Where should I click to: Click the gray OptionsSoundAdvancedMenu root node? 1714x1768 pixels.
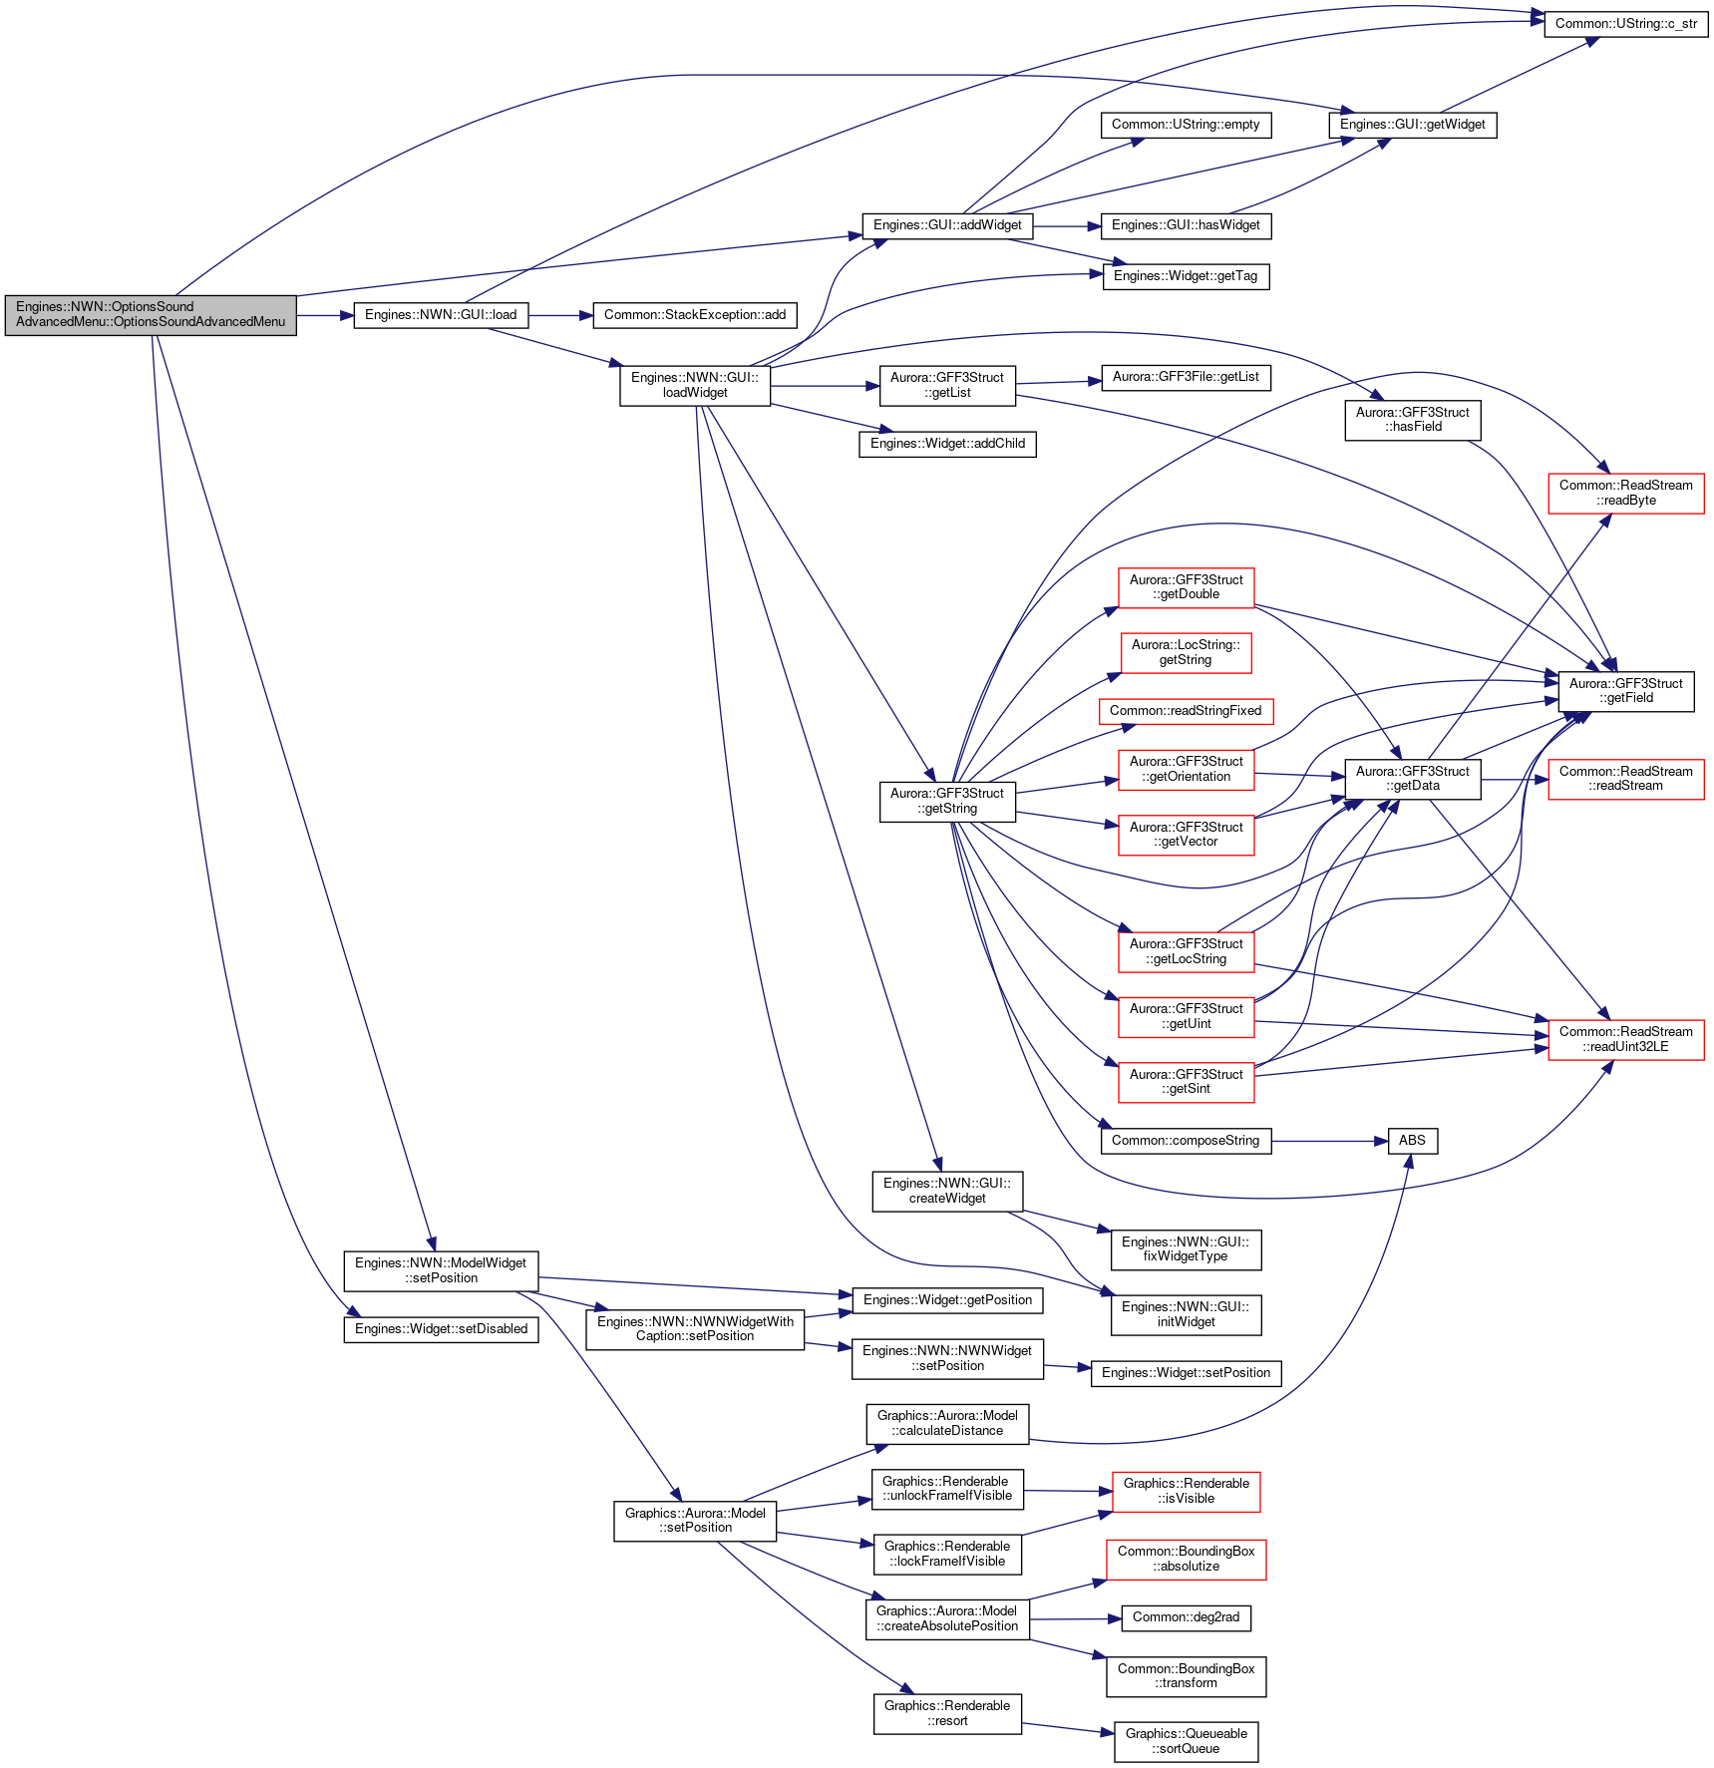pyautogui.click(x=151, y=315)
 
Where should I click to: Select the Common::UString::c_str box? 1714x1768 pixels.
pyautogui.click(x=1625, y=24)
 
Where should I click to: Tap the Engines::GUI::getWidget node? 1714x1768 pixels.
pyautogui.click(x=1412, y=125)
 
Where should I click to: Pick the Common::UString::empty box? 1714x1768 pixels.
pyautogui.click(x=1186, y=125)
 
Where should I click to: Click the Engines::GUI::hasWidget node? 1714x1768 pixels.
pyautogui.click(x=1186, y=225)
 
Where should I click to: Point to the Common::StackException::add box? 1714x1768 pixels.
pyautogui.click(x=695, y=315)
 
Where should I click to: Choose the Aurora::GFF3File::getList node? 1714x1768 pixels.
pyautogui.click(x=1186, y=377)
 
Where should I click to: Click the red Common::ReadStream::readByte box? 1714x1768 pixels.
pyautogui.click(x=1625, y=494)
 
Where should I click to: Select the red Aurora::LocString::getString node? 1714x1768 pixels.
pyautogui.click(x=1186, y=653)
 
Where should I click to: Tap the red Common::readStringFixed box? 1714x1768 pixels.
pyautogui.click(x=1186, y=711)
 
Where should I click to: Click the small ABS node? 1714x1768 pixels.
pyautogui.click(x=1412, y=1141)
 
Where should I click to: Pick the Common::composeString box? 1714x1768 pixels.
pyautogui.click(x=1186, y=1141)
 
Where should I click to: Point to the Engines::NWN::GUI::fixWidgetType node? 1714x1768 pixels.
pyautogui.click(x=1186, y=1249)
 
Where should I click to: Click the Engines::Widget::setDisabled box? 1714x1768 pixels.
pyautogui.click(x=441, y=1329)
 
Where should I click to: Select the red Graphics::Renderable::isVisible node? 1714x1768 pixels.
pyautogui.click(x=1186, y=1491)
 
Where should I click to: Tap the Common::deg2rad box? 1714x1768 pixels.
pyautogui.click(x=1186, y=1617)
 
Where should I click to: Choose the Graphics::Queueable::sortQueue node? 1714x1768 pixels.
pyautogui.click(x=1186, y=1741)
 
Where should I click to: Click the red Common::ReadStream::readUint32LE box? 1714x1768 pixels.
pyautogui.click(x=1625, y=1039)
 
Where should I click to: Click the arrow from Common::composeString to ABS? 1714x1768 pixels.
pyautogui.click(x=1329, y=1141)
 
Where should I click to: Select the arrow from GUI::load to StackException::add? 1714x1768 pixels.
pyautogui.click(x=560, y=315)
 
